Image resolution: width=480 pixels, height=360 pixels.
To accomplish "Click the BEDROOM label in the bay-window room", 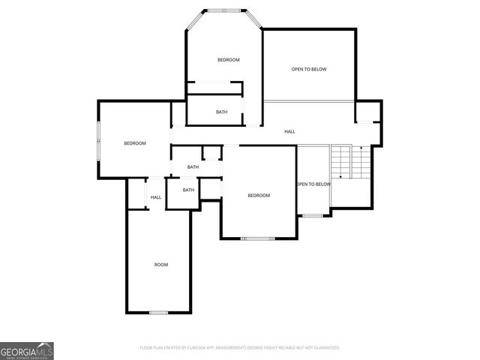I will click(229, 60).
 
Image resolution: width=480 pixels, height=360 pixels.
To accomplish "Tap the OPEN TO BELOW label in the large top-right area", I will click(309, 69).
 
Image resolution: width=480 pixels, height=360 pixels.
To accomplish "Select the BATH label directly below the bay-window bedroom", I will click(222, 112).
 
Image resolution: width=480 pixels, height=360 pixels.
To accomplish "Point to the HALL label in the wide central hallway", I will click(289, 132).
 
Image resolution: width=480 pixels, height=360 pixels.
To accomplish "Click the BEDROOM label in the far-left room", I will click(135, 143).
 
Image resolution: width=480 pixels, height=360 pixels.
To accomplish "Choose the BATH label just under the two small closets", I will click(193, 167).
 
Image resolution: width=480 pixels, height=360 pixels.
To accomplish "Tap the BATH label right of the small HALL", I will click(188, 190).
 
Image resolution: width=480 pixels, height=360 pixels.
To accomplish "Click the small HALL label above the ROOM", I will click(156, 197).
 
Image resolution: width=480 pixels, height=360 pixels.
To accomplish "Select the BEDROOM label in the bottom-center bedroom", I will click(259, 196).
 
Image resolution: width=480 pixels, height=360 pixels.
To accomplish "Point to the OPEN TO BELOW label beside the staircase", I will click(313, 184).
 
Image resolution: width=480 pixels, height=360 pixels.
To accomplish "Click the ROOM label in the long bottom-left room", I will click(161, 265).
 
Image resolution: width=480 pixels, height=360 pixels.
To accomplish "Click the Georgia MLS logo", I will click(27, 350).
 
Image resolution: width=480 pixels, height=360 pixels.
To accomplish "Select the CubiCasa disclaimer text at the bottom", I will click(240, 348).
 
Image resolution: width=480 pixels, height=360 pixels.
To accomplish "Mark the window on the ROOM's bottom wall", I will click(159, 312).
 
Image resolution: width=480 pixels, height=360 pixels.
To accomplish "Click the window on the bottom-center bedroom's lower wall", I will click(258, 238).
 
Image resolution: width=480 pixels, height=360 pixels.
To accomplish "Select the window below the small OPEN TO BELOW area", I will click(313, 216).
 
